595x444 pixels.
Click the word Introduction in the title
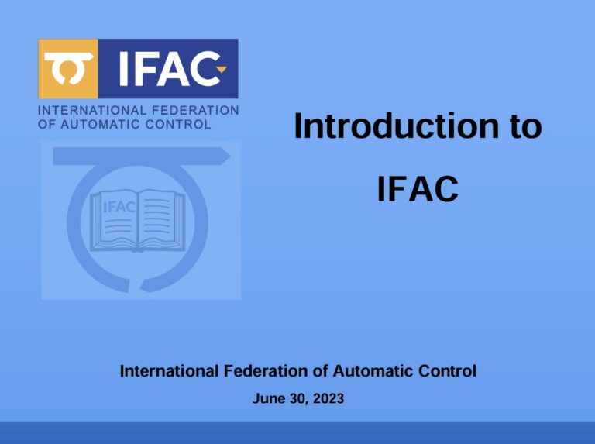(397, 126)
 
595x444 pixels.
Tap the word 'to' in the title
(526, 127)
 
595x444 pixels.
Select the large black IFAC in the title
(418, 188)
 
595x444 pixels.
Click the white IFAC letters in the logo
(169, 69)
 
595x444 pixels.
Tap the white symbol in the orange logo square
(68, 68)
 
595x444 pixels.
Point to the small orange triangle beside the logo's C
(222, 69)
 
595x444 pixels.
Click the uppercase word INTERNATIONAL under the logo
(92, 111)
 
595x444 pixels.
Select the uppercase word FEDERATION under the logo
(195, 111)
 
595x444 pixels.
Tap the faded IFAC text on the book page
(119, 207)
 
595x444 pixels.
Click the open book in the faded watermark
(137, 221)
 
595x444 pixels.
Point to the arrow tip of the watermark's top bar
(230, 157)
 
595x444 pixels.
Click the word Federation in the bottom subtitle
(266, 370)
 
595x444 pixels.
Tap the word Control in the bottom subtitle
(447, 370)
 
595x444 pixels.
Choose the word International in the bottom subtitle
(169, 370)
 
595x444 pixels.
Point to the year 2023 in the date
(328, 398)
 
